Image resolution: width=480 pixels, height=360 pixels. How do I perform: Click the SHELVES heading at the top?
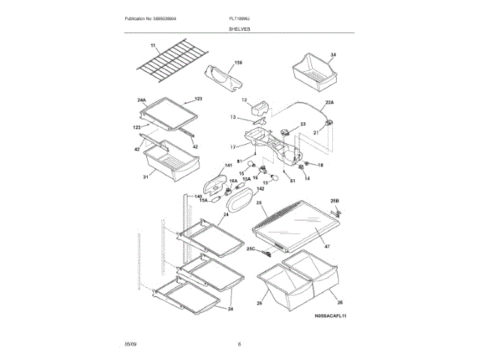click(x=240, y=28)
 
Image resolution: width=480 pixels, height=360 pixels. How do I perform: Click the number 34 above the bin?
click(x=334, y=55)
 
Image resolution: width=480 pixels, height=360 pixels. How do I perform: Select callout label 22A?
click(x=329, y=101)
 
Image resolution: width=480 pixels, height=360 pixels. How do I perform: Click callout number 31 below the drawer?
click(x=145, y=176)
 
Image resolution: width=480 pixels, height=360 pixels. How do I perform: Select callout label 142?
click(x=240, y=190)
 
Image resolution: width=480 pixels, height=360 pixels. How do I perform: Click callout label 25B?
click(x=334, y=201)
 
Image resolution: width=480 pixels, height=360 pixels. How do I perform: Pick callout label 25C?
click(x=251, y=249)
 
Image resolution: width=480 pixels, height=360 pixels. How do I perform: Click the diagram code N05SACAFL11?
click(x=330, y=316)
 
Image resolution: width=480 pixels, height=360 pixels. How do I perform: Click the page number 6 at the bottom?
click(x=239, y=344)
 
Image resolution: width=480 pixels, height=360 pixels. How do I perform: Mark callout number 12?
click(x=244, y=100)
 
